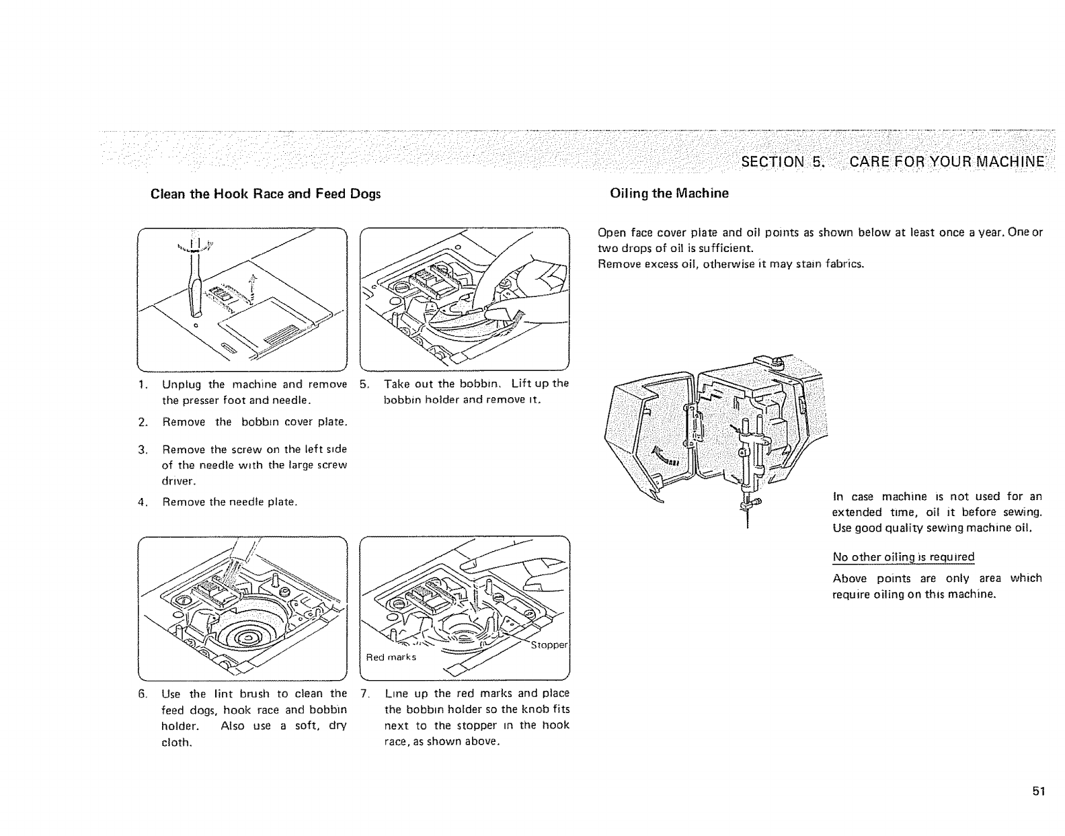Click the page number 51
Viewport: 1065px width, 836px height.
click(1039, 791)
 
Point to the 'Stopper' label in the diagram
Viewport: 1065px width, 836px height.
click(549, 646)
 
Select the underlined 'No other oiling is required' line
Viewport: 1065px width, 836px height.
click(903, 557)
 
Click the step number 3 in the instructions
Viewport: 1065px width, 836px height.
click(143, 449)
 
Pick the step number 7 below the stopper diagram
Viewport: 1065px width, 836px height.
click(364, 693)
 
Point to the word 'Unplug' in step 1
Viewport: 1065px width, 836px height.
click(181, 384)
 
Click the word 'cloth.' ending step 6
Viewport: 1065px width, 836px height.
click(177, 743)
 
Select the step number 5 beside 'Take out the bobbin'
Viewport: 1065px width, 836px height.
click(364, 384)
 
